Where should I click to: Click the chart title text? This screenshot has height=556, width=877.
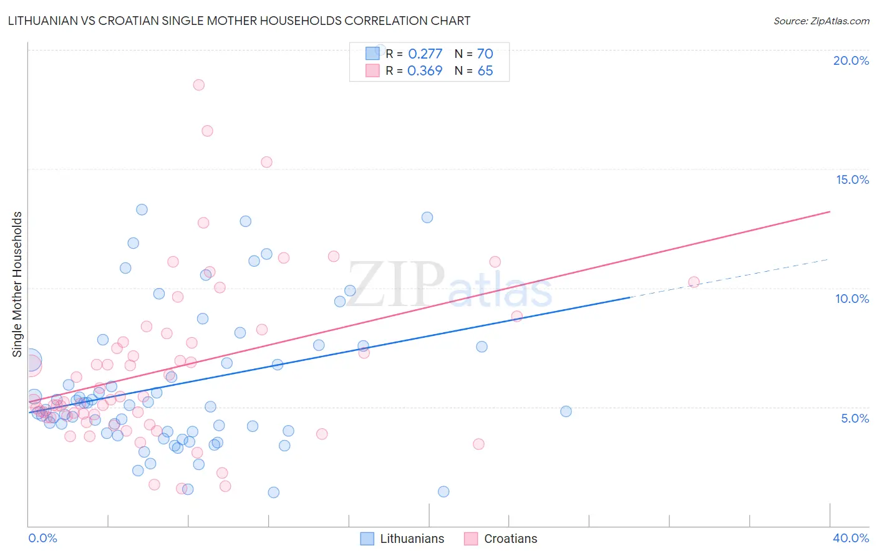pyautogui.click(x=239, y=21)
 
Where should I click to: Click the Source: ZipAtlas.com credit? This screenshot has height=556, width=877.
pyautogui.click(x=821, y=21)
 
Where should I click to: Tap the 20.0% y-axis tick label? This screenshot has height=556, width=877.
pyautogui.click(x=851, y=60)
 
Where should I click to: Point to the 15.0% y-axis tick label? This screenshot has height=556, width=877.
pyautogui.click(x=852, y=180)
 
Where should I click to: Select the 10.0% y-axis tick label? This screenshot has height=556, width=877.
pyautogui.click(x=852, y=299)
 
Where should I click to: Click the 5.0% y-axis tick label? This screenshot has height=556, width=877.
pyautogui.click(x=855, y=418)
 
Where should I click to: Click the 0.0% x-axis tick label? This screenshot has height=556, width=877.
pyautogui.click(x=42, y=538)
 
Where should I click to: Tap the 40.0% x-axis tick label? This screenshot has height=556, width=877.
pyautogui.click(x=851, y=538)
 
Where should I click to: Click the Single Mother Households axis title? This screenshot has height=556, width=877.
pyautogui.click(x=17, y=284)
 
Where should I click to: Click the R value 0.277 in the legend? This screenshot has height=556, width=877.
pyautogui.click(x=425, y=54)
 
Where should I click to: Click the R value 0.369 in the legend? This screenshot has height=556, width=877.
pyautogui.click(x=425, y=71)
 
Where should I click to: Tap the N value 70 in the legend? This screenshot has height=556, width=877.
pyautogui.click(x=485, y=54)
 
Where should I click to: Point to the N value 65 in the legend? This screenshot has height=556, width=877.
pyautogui.click(x=485, y=71)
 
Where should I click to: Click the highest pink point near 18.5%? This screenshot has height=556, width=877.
pyautogui.click(x=199, y=85)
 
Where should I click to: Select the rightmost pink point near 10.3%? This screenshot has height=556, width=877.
pyautogui.click(x=694, y=282)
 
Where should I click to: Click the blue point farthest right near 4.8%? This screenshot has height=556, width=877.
pyautogui.click(x=566, y=411)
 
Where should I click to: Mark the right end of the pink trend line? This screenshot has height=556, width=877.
pyautogui.click(x=830, y=212)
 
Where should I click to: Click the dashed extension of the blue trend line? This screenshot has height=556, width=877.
pyautogui.click(x=730, y=278)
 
